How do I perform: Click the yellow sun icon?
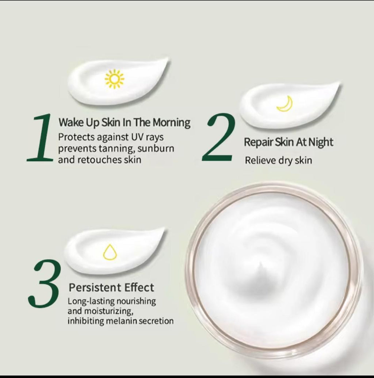coord(114,79)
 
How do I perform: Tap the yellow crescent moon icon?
coord(285,104)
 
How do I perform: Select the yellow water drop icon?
coord(110,252)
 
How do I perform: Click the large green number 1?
coord(41,138)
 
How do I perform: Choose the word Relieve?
coord(259,160)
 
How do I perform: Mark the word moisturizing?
coord(103,311)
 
